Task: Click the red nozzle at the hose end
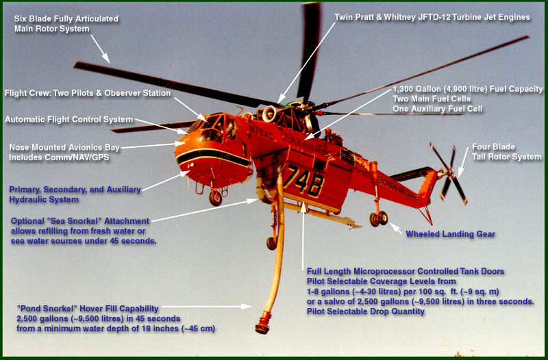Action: click(262, 324)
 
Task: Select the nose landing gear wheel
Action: click(215, 198)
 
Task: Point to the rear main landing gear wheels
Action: click(378, 218)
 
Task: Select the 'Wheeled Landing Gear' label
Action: click(450, 234)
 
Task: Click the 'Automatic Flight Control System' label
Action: click(68, 119)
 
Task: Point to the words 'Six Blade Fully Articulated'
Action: click(66, 18)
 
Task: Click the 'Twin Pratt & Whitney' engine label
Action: click(432, 17)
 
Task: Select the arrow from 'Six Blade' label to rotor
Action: click(99, 49)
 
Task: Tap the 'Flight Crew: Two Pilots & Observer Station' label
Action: click(88, 93)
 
